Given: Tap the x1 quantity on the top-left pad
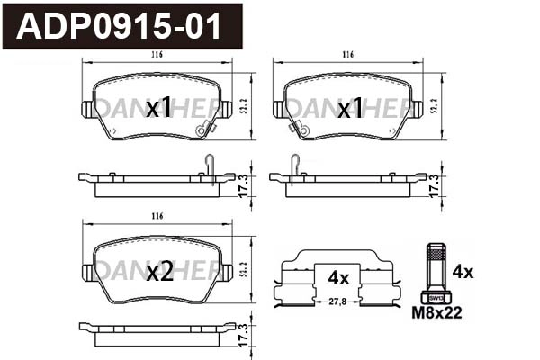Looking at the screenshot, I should [158, 110].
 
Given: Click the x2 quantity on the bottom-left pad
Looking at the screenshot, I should [158, 273].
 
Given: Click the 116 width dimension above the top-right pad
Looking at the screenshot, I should [347, 56].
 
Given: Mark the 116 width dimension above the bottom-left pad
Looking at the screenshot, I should [157, 217].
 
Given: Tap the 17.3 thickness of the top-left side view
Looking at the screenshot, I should [242, 185].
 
